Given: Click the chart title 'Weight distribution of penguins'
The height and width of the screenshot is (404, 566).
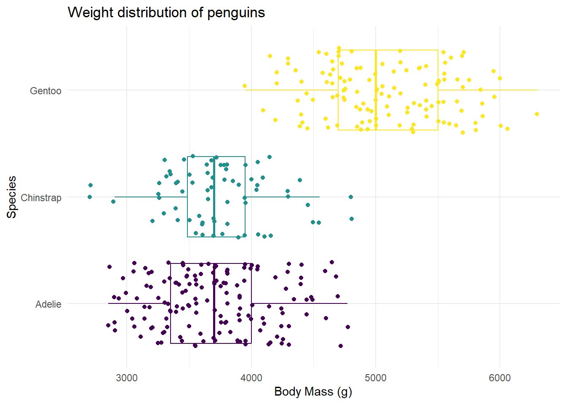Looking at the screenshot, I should (x=166, y=13).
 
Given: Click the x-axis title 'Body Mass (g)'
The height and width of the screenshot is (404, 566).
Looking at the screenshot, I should (x=313, y=392).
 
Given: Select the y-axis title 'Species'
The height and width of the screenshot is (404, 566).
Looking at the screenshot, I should (x=12, y=197).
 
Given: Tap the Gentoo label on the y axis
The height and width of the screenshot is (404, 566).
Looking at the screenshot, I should (x=45, y=91).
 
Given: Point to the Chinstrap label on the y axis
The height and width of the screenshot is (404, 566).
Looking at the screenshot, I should (x=41, y=198).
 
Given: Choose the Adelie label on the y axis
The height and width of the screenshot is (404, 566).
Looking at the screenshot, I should (x=48, y=304).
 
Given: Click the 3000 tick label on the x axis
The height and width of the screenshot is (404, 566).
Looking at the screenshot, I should (x=127, y=378).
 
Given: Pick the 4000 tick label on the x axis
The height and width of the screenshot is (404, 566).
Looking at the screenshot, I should (x=251, y=378).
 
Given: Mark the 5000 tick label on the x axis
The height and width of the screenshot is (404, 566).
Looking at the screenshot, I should (x=376, y=378).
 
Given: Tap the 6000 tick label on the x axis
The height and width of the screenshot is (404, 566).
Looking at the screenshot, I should (x=500, y=378).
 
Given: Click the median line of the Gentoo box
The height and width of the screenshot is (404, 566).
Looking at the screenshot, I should (x=376, y=90).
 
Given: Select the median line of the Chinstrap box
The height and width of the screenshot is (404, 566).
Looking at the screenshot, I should (x=214, y=197).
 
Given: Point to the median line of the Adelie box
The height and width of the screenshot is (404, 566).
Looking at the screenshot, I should (x=214, y=303).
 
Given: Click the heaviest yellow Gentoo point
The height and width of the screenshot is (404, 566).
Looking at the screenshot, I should (x=537, y=114).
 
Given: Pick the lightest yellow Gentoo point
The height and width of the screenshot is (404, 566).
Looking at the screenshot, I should (x=245, y=86).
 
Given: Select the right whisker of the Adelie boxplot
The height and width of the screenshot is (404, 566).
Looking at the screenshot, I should (x=299, y=303).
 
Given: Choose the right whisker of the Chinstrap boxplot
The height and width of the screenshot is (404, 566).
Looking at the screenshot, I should (x=282, y=197).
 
